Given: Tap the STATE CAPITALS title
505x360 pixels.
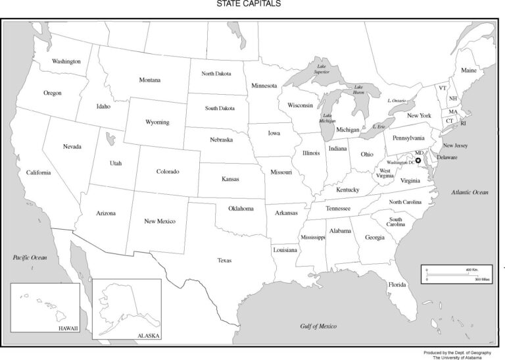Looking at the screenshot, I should click(249, 4).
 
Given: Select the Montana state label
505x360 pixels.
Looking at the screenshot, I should click(149, 80).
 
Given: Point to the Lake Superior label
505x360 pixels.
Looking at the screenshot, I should click(322, 69).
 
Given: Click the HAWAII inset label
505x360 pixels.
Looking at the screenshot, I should click(68, 327).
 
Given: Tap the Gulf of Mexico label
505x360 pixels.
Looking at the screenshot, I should click(318, 326).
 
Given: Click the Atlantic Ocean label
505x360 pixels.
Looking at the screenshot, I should click(469, 192).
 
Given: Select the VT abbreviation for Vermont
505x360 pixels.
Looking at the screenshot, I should click(443, 88).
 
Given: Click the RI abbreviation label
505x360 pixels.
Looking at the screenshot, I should click(463, 123).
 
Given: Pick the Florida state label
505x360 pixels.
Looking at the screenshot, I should click(397, 284).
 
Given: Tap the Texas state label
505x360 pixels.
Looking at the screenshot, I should click(224, 261).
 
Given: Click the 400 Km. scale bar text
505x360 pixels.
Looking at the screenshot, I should click(472, 270).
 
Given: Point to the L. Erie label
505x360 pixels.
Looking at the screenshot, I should click(378, 126).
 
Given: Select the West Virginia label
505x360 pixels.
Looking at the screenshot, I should click(385, 173).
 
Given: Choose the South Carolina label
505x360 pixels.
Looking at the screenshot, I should click(395, 222).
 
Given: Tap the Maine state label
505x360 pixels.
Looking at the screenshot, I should click(469, 70).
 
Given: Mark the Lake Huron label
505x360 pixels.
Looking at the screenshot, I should click(358, 90).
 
